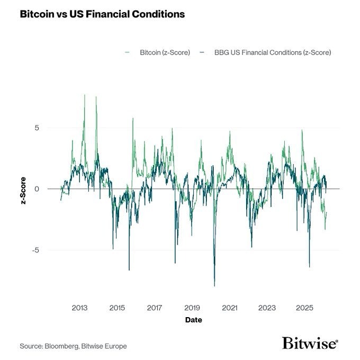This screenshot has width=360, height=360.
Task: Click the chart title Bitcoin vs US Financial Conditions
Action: pos(102,14)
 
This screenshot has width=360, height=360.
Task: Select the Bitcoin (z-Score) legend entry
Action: pos(164,53)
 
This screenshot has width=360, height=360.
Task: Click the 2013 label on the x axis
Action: pos(79,308)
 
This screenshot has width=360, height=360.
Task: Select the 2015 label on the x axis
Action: pos(117,308)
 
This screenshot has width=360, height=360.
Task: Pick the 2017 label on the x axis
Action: pos(155,308)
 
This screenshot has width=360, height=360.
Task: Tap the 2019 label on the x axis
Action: pos(192,308)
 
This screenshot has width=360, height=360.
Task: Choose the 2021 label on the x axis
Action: pos(230,308)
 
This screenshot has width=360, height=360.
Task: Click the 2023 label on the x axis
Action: pos(267,308)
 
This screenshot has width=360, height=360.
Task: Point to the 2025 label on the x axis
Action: pos(305,308)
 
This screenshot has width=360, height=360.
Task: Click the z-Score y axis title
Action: pos(24,189)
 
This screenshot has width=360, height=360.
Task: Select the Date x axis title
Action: pos(193,320)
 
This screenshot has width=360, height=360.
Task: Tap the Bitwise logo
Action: pos(310,343)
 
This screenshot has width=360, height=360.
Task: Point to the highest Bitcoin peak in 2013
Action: pos(85,95)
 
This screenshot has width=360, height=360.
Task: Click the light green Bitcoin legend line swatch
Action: pos(127,53)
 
